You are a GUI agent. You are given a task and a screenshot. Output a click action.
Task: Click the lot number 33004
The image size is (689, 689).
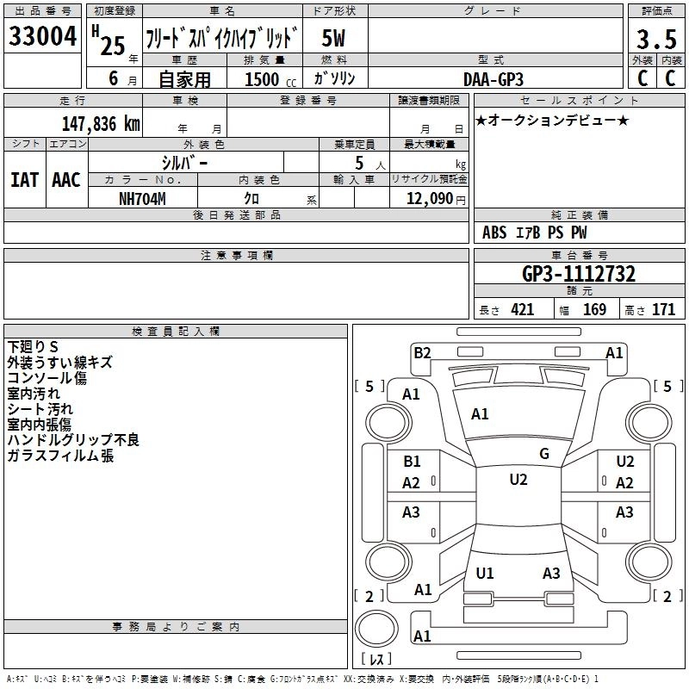[42, 37]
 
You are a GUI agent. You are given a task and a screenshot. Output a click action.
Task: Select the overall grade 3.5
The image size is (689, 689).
[655, 40]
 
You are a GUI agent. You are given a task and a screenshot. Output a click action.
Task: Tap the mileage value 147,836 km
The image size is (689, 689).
[102, 123]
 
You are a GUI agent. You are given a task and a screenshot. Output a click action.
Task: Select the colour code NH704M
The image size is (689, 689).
[142, 198]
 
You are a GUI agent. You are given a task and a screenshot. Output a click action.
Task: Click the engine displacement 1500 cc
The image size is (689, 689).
[266, 79]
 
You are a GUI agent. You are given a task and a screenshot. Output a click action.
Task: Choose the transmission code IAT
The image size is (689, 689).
[24, 179]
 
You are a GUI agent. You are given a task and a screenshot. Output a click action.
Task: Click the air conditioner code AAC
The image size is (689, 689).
[66, 179]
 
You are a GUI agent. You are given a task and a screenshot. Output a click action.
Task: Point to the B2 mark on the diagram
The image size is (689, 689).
[422, 352]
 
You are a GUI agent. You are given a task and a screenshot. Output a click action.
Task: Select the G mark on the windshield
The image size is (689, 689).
[544, 454]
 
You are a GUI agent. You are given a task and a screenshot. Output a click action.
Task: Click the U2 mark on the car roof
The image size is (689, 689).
[518, 480]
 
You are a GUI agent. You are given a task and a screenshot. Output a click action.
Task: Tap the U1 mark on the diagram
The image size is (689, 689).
[485, 573]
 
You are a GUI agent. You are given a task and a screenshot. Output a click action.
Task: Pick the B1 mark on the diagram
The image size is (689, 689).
[413, 462]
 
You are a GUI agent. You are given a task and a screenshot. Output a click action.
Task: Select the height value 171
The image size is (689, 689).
[663, 310]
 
